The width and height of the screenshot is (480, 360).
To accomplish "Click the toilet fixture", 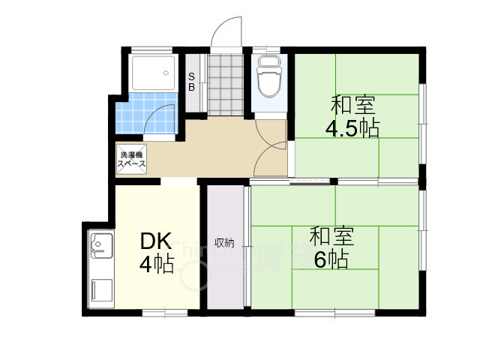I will (268, 80).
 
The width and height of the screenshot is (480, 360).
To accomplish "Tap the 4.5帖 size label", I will (351, 128).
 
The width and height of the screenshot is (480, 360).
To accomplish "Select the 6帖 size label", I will (331, 259).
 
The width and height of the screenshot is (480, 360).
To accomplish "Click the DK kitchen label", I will (157, 242).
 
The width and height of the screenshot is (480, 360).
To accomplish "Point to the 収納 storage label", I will (225, 242).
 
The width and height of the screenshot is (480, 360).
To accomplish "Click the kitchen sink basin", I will (100, 244).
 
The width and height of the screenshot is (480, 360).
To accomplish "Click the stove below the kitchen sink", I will (100, 289).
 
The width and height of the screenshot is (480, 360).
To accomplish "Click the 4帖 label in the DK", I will (157, 265).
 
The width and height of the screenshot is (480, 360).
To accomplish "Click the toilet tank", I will (268, 61).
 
